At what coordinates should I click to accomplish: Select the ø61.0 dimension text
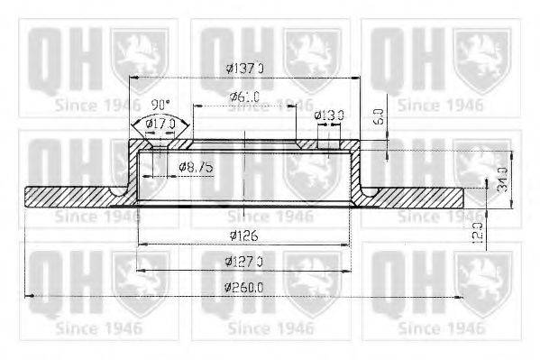pos(245,97)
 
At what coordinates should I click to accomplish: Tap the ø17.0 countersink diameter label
pos(160,122)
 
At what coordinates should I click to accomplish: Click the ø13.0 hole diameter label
pos(328,115)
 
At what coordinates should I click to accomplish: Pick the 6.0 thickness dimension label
pos(380,116)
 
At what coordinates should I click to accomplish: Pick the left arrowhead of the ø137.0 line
pos(134,78)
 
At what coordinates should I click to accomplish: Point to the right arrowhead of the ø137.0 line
pos(358,78)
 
